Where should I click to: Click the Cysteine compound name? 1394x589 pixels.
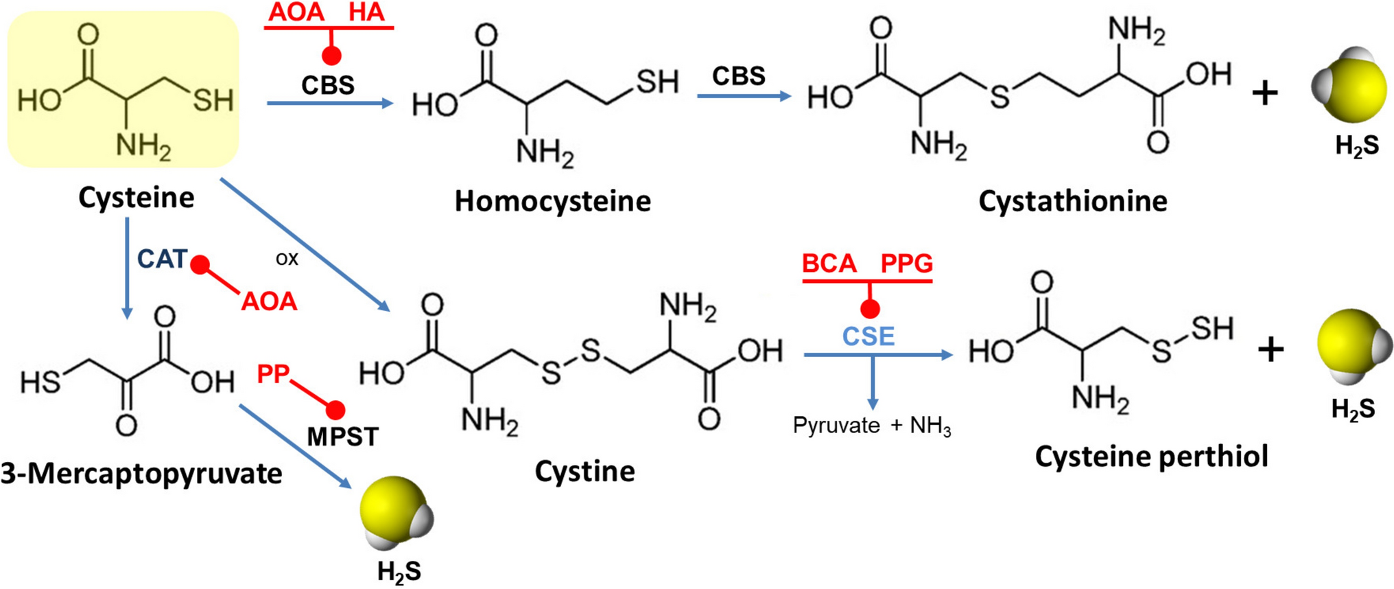point(136,198)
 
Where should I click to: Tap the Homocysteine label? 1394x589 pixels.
point(552,201)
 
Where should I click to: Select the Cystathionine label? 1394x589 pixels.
point(1072,201)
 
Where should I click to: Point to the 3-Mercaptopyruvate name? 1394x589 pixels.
point(141,474)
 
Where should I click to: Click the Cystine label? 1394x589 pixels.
point(584,472)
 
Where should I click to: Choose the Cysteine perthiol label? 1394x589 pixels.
point(1151,457)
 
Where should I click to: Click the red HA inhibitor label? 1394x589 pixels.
point(366,12)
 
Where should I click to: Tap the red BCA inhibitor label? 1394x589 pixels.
point(829,264)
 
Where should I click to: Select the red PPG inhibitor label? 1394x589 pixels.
point(906,264)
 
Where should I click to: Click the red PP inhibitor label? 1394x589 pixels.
point(273,374)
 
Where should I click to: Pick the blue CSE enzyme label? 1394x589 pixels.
point(869,336)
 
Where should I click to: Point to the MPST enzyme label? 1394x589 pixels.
point(342,437)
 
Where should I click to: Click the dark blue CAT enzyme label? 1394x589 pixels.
point(162,259)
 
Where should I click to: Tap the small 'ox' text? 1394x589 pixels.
point(287,259)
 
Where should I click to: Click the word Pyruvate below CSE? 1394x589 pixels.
point(836,426)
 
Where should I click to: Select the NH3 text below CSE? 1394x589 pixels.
point(930,426)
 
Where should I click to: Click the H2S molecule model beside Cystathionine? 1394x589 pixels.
point(1348,86)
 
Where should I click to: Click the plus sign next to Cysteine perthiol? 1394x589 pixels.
point(1271,349)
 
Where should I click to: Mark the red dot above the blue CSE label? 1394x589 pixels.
point(870,310)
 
